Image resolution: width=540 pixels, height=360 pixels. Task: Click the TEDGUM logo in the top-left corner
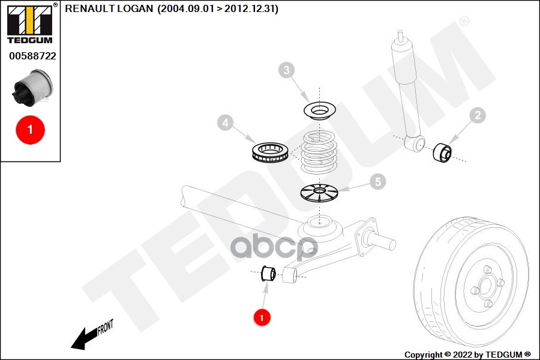[x=30, y=24]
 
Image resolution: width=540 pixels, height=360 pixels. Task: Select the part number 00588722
[x=32, y=56]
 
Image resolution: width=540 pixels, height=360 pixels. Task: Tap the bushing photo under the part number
[x=33, y=88]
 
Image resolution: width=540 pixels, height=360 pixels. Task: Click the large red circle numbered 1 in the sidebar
[x=31, y=130]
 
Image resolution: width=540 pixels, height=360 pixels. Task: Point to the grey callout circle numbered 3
[x=287, y=70]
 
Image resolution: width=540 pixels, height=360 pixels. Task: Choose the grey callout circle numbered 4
[x=225, y=122]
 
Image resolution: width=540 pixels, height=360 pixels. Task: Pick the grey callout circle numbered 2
[x=478, y=115]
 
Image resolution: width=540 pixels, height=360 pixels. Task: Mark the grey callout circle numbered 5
[x=378, y=182]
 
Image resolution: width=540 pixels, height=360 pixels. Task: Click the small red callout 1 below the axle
[x=262, y=317]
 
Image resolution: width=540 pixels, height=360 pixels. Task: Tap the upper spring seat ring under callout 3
[x=320, y=110]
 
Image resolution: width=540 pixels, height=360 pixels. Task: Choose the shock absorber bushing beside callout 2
[x=442, y=152]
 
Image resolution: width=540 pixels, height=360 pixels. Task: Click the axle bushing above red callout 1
[x=268, y=274]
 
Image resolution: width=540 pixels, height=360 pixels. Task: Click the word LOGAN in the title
[x=135, y=8]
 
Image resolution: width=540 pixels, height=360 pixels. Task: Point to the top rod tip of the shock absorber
[x=400, y=34]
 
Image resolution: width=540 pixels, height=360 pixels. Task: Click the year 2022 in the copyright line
[x=463, y=355]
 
